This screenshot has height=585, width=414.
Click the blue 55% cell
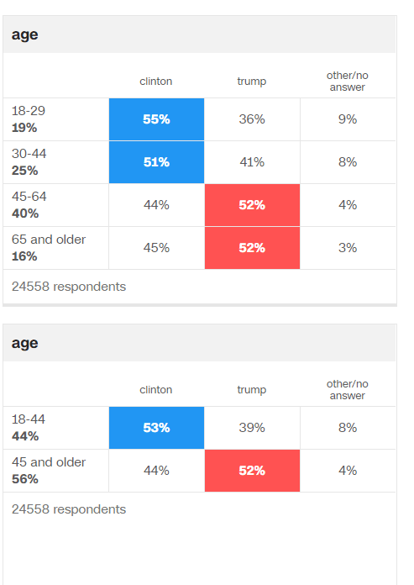(156, 119)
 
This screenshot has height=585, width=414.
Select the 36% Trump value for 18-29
(252, 119)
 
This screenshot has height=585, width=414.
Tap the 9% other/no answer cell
(348, 119)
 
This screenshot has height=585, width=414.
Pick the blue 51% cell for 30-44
(156, 162)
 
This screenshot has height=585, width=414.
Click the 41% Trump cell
(252, 162)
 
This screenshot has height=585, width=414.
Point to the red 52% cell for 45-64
(252, 205)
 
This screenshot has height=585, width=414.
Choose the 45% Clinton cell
(156, 248)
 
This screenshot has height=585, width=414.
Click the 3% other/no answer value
(348, 248)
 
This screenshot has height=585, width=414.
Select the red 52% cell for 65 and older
(252, 248)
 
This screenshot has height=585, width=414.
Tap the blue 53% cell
(156, 428)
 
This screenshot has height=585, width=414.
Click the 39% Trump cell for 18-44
(252, 428)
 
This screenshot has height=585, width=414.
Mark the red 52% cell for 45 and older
(252, 471)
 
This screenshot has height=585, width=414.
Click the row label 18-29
(29, 111)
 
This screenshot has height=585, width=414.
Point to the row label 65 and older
(49, 240)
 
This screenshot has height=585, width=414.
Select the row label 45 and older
(49, 462)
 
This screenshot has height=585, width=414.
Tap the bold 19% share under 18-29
(24, 129)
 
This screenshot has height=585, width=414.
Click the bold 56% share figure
(25, 480)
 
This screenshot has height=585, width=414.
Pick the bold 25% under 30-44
(25, 171)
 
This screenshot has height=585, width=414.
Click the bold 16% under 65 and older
(24, 257)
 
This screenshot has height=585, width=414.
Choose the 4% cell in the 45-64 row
(348, 205)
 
